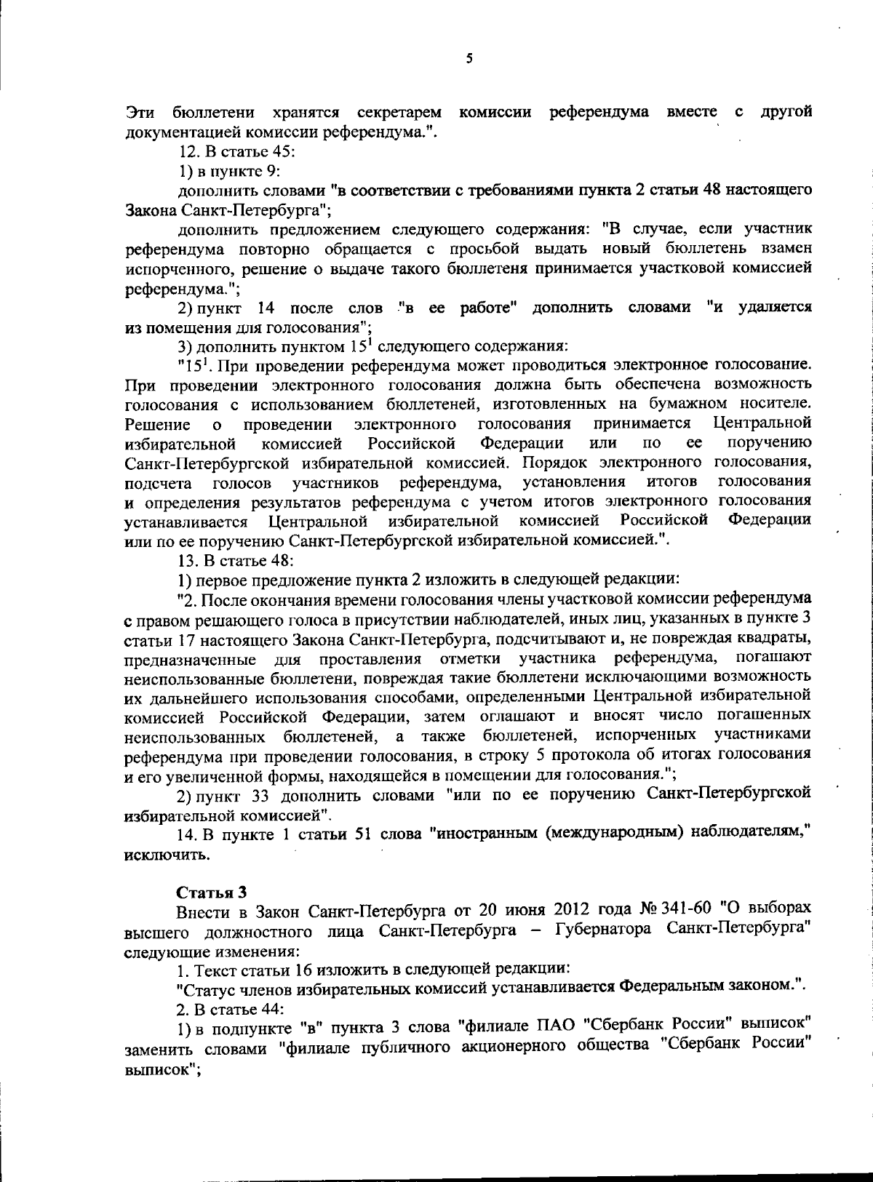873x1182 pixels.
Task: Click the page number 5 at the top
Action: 469,58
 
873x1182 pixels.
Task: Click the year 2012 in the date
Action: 574,911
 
